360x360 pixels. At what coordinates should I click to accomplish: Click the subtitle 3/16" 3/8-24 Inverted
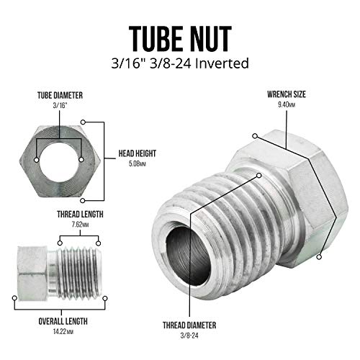179,63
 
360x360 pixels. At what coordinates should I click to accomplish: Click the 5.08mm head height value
137,163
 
